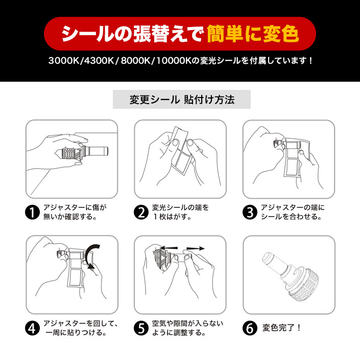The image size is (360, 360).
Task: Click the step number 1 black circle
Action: pyautogui.click(x=32, y=212)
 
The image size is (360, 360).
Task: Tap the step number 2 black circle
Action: pyautogui.click(x=141, y=212)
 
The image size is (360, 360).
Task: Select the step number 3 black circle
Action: pyautogui.click(x=250, y=212)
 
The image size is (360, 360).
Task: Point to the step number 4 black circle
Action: pyautogui.click(x=32, y=328)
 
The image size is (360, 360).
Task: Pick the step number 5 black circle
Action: pyautogui.click(x=141, y=328)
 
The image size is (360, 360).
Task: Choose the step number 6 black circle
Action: pyautogui.click(x=250, y=328)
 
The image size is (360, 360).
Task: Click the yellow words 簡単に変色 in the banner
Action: pyautogui.click(x=253, y=34)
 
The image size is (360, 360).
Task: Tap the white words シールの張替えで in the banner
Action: pyautogui.click(x=133, y=34)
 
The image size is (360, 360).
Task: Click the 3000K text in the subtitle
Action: pyautogui.click(x=64, y=61)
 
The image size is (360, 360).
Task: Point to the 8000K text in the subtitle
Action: pyautogui.click(x=136, y=61)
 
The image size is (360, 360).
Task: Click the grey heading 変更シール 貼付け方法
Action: pyautogui.click(x=182, y=100)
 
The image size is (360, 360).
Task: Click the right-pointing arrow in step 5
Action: pyautogui.click(x=196, y=248)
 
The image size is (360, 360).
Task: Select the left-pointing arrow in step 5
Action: pyautogui.click(x=169, y=248)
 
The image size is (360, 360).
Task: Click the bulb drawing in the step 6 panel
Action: pyautogui.click(x=291, y=277)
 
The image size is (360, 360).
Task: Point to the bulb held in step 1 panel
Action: pyautogui.click(x=82, y=152)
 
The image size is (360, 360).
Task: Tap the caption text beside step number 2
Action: pyautogui.click(x=180, y=212)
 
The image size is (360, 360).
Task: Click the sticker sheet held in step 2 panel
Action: pyautogui.click(x=181, y=150)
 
